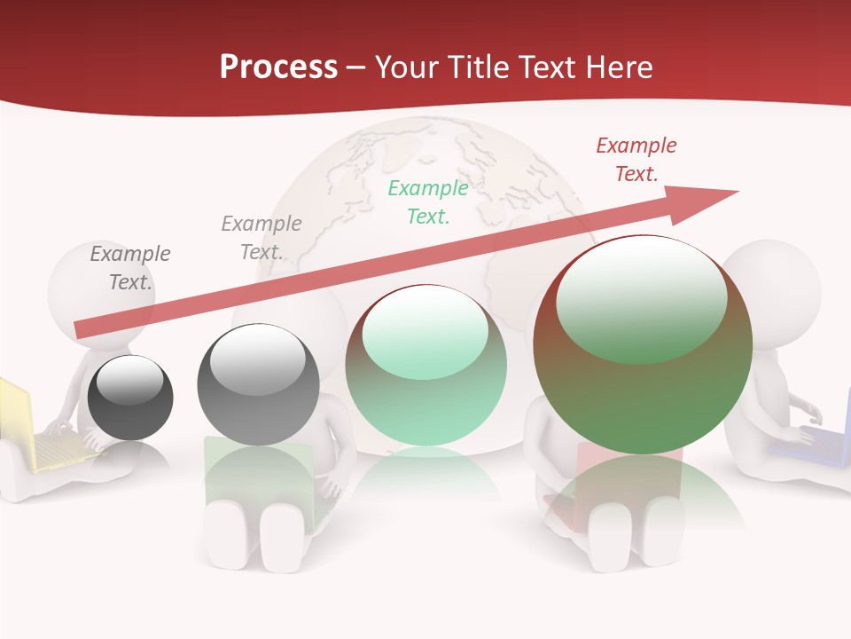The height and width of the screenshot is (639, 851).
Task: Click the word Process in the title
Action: pos(278,67)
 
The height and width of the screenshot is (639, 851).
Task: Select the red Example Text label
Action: pos(636,160)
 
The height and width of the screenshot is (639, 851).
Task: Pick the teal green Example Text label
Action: pos(428,201)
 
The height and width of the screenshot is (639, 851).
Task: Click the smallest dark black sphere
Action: pos(130,398)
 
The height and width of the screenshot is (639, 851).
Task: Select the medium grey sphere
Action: pos(258,384)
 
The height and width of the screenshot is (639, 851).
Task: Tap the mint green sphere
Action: pos(426,365)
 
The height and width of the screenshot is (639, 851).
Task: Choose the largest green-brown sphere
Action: pos(643,344)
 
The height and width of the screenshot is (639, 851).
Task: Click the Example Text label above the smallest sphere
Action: pos(129,267)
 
